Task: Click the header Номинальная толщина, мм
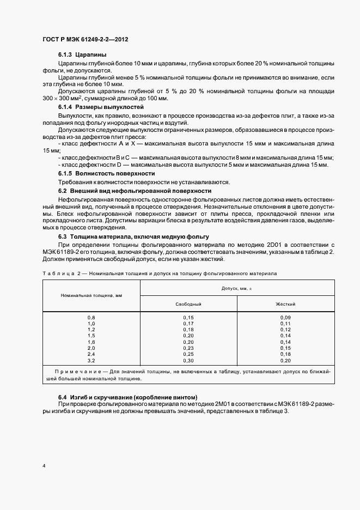91,295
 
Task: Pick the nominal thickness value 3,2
91,361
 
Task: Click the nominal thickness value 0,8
91,317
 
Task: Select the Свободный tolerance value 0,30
188,361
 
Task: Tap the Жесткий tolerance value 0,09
285,317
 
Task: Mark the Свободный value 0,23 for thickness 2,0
188,348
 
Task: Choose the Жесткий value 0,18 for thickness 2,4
285,354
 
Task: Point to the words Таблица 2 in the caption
59,272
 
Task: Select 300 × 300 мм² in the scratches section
63,98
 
